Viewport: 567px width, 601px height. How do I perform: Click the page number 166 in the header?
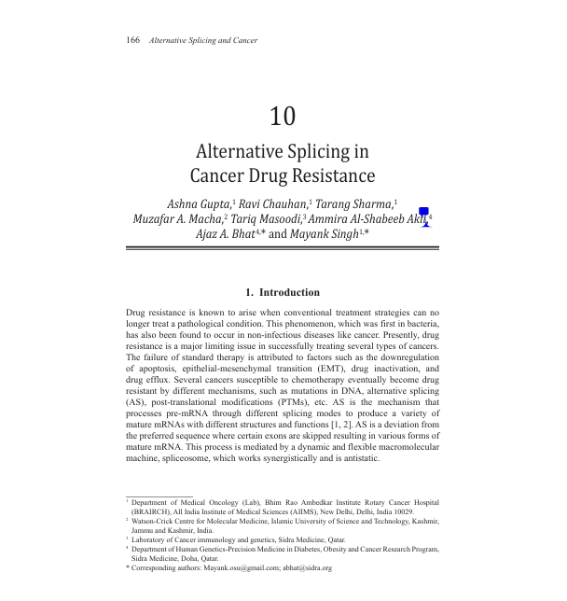point(131,40)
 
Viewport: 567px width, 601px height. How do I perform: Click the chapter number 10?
point(283,117)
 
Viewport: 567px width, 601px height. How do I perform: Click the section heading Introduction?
point(289,292)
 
